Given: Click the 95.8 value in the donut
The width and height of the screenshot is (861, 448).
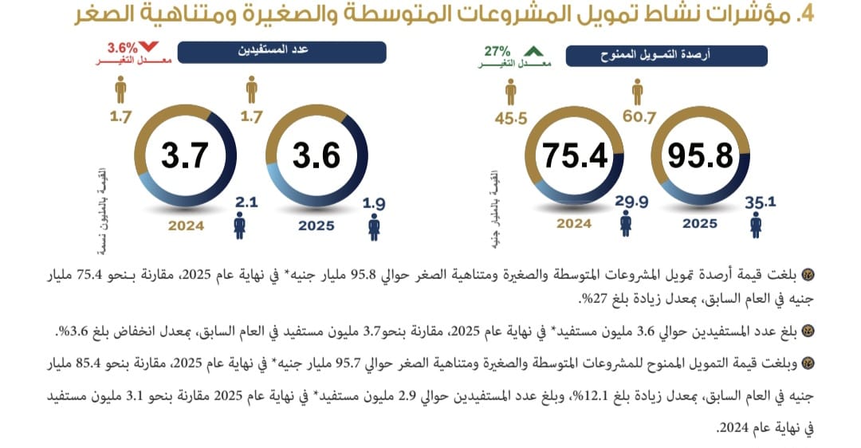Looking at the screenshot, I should pyautogui.click(x=701, y=155).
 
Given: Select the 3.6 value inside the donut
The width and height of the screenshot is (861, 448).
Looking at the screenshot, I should pyautogui.click(x=316, y=155).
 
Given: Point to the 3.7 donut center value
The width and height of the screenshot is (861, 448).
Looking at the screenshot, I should pyautogui.click(x=184, y=155).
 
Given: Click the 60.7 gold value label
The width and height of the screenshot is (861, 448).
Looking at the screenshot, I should pyautogui.click(x=640, y=118).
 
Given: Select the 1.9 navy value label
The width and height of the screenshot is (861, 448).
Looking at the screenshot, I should pyautogui.click(x=374, y=204).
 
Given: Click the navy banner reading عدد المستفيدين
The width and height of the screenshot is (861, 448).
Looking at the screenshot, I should pyautogui.click(x=281, y=53).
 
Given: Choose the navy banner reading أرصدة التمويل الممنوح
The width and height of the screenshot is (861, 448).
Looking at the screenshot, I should pyautogui.click(x=666, y=55).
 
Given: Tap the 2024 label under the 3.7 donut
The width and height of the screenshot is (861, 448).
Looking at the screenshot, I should pyautogui.click(x=186, y=226).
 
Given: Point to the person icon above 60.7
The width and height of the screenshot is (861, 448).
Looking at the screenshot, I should pyautogui.click(x=640, y=91).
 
